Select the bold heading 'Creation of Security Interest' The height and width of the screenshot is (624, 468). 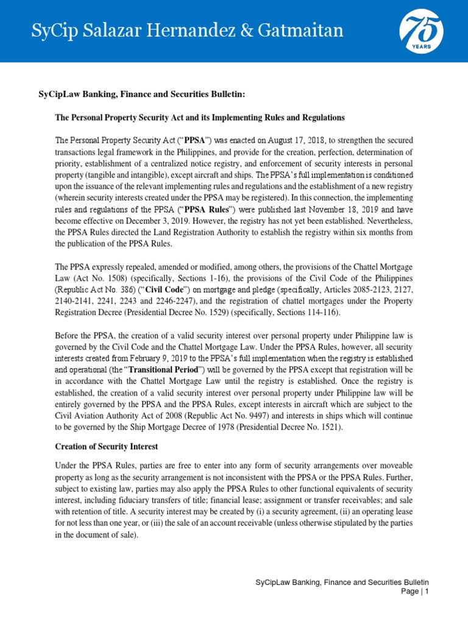[x=107, y=447]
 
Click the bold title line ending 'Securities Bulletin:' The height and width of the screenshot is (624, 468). [x=141, y=94]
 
